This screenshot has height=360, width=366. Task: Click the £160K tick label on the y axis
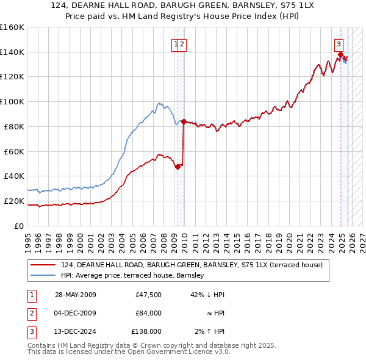[12, 27]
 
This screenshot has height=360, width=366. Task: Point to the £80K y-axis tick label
[14, 126]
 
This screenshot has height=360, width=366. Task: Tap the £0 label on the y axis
[20, 226]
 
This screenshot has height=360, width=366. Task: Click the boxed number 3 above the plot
[339, 43]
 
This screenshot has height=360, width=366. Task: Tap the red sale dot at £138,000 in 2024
[340, 55]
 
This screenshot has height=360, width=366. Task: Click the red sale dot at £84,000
[184, 121]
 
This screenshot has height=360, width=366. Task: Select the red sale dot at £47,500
[178, 167]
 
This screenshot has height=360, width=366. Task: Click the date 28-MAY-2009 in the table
[76, 295]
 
